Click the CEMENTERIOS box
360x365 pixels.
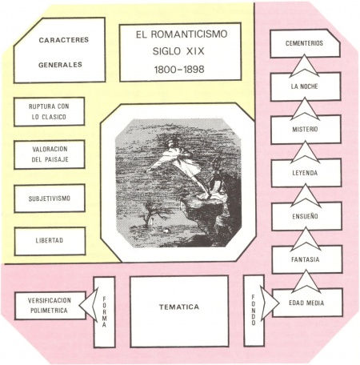[x=305, y=43]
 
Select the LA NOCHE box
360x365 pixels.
[x=306, y=86]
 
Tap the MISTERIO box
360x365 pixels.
[x=306, y=130]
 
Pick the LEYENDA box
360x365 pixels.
[x=306, y=173]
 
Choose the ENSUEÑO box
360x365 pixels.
[x=306, y=216]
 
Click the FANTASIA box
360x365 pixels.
[x=307, y=259]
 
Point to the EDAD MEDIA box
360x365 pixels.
[x=307, y=303]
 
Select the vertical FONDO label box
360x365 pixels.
[x=254, y=311]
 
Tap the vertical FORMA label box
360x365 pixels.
[x=104, y=312]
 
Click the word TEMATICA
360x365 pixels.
[x=179, y=307]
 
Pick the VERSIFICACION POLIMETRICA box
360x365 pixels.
[x=50, y=306]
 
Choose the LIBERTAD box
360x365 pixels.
[x=50, y=241]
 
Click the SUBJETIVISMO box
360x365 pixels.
[x=50, y=199]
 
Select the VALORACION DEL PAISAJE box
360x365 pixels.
[x=50, y=154]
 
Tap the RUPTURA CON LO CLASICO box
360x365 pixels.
[x=49, y=111]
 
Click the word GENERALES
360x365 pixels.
[x=60, y=65]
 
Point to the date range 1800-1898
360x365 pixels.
[x=179, y=70]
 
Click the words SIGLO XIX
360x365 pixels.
[x=178, y=51]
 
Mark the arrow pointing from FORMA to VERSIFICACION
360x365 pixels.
[x=89, y=305]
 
